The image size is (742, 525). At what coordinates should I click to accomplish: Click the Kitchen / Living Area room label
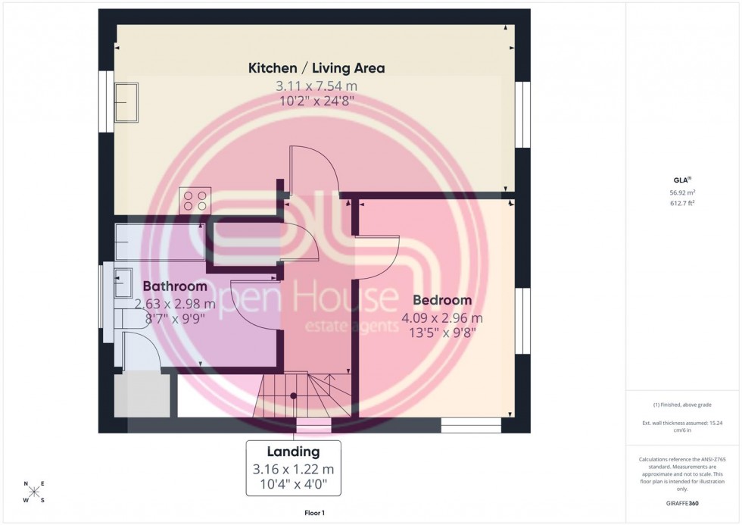click(x=316, y=68)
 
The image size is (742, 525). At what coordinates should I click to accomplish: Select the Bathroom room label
click(x=175, y=287)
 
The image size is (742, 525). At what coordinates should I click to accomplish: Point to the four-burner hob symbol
click(x=195, y=199)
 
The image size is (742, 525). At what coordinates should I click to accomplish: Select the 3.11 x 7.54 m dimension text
click(x=316, y=86)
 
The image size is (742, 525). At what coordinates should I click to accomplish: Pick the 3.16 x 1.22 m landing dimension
click(x=293, y=469)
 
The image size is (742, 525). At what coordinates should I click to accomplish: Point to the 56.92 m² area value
click(x=683, y=192)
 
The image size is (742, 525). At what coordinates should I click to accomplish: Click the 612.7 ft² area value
click(x=683, y=203)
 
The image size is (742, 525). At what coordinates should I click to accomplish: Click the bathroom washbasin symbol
click(x=122, y=282)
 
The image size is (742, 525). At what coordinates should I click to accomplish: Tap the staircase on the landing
click(x=306, y=396)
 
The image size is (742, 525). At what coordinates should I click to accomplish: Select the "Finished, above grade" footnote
click(x=683, y=405)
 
